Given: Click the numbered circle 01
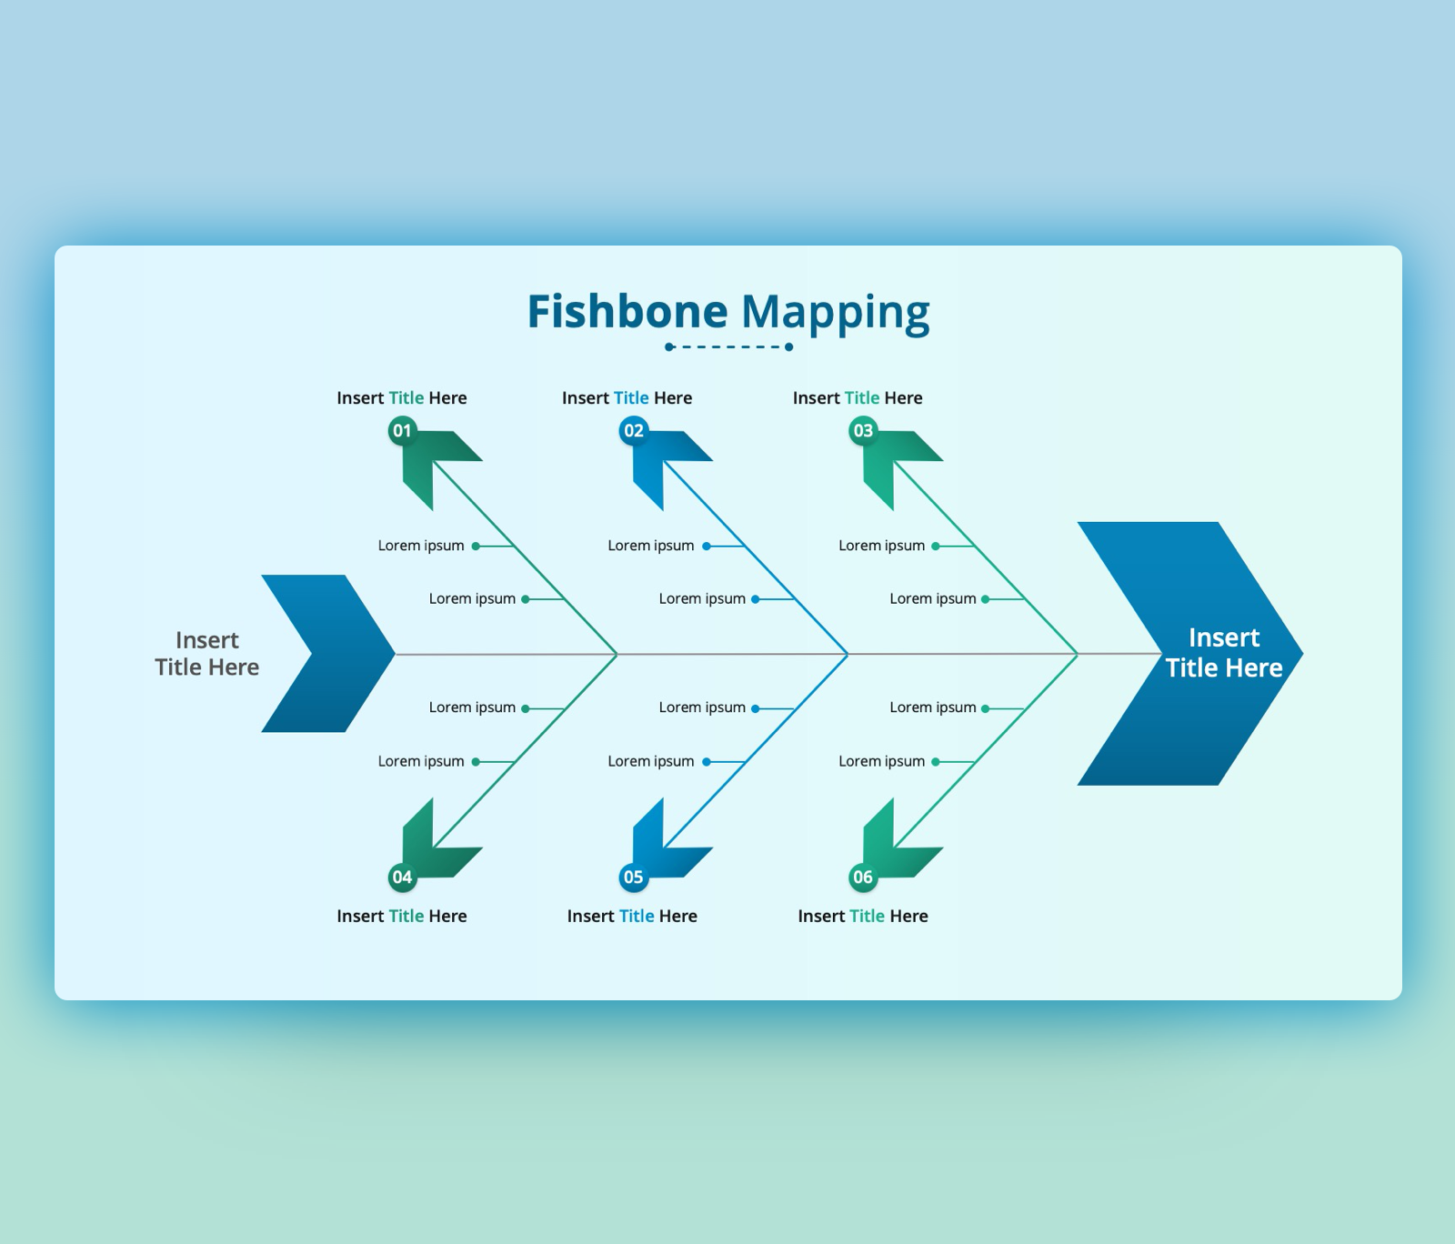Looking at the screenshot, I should (x=402, y=430).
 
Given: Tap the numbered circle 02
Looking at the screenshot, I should (x=633, y=430).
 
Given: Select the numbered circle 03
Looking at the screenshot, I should (x=863, y=430).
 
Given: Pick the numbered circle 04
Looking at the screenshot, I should (x=402, y=877).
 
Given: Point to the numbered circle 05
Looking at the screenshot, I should (x=633, y=877).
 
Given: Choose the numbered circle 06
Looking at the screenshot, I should (x=863, y=877).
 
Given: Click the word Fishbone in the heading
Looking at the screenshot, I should (x=627, y=312).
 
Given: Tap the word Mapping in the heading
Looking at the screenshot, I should (x=835, y=312).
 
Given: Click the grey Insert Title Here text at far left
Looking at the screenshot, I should (x=207, y=653).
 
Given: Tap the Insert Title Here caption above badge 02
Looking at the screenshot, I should (x=627, y=398).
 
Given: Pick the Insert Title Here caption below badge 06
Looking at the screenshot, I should (x=863, y=916).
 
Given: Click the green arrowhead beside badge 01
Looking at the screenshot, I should (x=436, y=464).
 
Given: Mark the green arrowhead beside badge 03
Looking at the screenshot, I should (x=898, y=464).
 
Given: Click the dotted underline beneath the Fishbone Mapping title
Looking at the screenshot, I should (x=728, y=346).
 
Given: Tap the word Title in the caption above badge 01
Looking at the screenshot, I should (x=406, y=398).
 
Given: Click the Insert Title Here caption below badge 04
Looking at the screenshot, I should (x=402, y=916).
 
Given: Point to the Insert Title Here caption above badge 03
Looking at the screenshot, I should (x=858, y=398).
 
